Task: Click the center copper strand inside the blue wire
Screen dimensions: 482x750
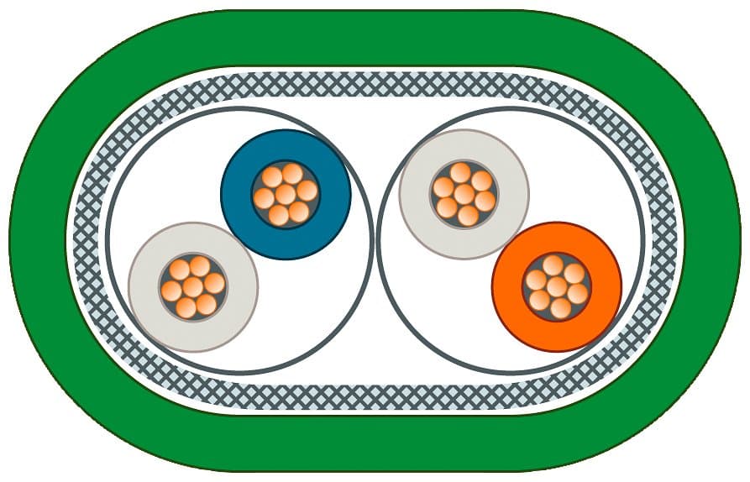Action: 286,195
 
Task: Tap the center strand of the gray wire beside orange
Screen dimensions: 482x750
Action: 464,195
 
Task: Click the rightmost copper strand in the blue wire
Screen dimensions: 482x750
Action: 307,191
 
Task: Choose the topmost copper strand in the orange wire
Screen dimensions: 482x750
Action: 552,265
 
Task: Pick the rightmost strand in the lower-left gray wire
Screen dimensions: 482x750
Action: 215,283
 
